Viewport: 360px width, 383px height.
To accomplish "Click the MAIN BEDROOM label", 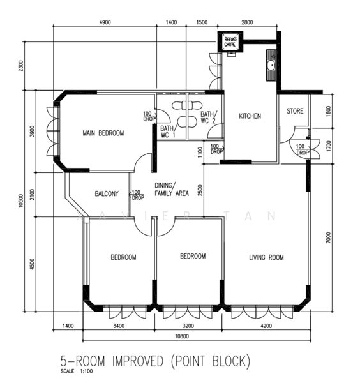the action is [x=103, y=133].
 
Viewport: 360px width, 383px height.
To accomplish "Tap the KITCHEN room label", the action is [x=250, y=116].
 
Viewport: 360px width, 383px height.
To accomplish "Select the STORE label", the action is [x=295, y=111].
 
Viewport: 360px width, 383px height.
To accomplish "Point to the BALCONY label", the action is [x=107, y=193].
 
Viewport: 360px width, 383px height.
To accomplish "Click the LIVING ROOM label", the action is [x=266, y=257].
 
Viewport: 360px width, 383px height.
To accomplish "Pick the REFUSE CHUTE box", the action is [x=230, y=41].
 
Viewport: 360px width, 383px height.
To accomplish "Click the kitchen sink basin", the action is [x=271, y=66].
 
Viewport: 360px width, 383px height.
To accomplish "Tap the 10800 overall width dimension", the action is [x=182, y=336].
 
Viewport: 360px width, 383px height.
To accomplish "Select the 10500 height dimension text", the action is [x=20, y=201].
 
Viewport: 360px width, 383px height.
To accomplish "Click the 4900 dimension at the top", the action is [x=105, y=22].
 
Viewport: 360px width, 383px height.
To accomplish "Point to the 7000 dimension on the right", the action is [x=328, y=237].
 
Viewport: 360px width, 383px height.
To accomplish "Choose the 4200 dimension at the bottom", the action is [x=266, y=326].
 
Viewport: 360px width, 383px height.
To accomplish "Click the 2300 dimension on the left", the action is [x=21, y=66].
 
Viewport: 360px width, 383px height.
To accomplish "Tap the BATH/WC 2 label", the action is [x=208, y=117].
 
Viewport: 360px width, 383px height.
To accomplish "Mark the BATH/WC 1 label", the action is [x=167, y=131].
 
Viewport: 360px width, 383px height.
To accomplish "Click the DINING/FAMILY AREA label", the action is [x=172, y=190].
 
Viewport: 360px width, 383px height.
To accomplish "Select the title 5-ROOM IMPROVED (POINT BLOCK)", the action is [x=155, y=361].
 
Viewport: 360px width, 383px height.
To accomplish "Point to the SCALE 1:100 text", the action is [x=77, y=372].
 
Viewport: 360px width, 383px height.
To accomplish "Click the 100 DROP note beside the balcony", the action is [x=138, y=195].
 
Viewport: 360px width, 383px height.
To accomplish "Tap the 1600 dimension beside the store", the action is [x=328, y=110].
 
